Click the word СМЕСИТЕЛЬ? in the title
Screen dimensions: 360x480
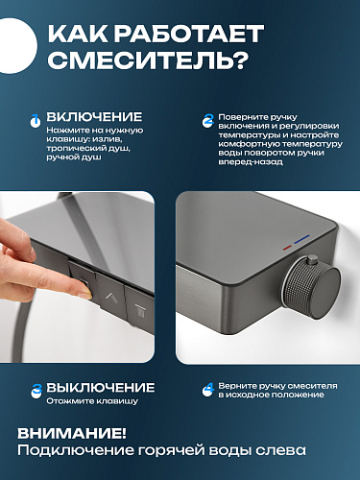point(148,60)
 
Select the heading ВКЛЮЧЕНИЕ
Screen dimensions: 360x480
point(94,117)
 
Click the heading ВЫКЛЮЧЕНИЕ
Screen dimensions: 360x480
point(101,388)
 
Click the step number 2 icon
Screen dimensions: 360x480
point(208,121)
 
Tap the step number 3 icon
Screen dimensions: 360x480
point(36,391)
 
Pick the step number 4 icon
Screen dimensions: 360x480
point(208,390)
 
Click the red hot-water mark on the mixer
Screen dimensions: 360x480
point(287,248)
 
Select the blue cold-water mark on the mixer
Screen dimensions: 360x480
point(301,239)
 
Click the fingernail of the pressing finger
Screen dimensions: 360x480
point(85,295)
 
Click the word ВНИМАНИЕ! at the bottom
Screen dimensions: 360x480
point(72,434)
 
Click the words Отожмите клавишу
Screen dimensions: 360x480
point(92,401)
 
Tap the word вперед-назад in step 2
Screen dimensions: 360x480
point(251,161)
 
